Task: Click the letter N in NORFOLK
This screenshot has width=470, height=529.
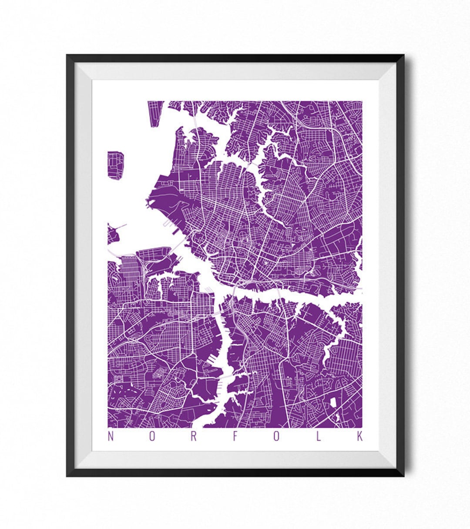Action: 111,436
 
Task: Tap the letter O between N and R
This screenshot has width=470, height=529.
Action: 152,436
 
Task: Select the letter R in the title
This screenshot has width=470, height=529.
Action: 194,436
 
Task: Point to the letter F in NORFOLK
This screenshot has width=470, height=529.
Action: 235,436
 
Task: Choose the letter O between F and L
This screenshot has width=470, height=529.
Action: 277,436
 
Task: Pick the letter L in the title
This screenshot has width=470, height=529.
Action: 319,436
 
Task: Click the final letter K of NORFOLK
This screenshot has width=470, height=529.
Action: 360,436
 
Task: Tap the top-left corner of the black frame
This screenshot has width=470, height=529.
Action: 67,56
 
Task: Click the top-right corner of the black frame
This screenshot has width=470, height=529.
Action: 403,56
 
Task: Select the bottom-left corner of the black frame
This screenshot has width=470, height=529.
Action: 67,475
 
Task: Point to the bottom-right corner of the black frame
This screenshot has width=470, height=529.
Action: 403,475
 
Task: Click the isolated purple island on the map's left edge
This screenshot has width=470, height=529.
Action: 115,165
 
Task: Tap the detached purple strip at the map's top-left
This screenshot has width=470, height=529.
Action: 155,113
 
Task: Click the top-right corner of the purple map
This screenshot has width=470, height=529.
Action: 362,102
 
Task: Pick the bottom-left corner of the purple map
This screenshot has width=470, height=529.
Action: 108,427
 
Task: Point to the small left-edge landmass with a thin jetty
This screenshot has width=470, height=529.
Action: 113,234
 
